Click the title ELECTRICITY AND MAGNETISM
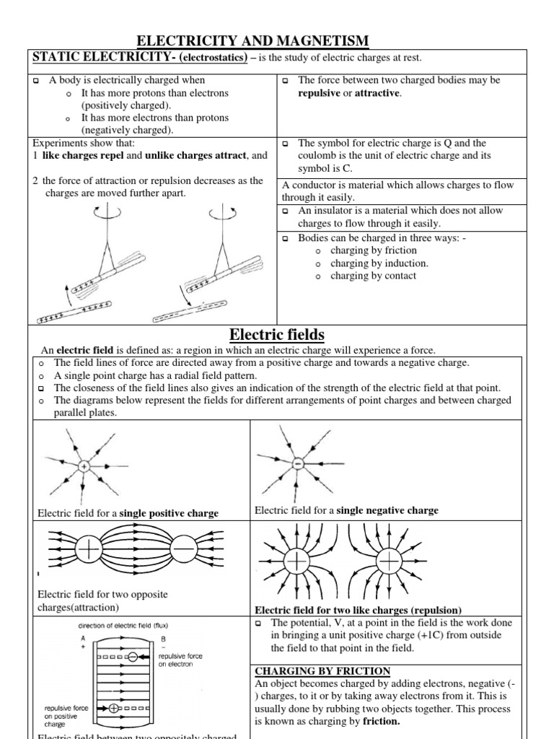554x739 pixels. coord(252,41)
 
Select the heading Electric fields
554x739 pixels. coord(277,334)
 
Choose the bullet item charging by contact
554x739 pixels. coord(373,276)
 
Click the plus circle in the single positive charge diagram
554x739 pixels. coord(84,467)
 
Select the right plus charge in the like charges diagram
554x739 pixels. coord(390,561)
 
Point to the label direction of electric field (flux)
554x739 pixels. coord(123,625)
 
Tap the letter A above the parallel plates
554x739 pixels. coord(84,639)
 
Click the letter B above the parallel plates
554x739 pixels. coord(146,639)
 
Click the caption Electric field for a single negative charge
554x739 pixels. coord(346,510)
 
